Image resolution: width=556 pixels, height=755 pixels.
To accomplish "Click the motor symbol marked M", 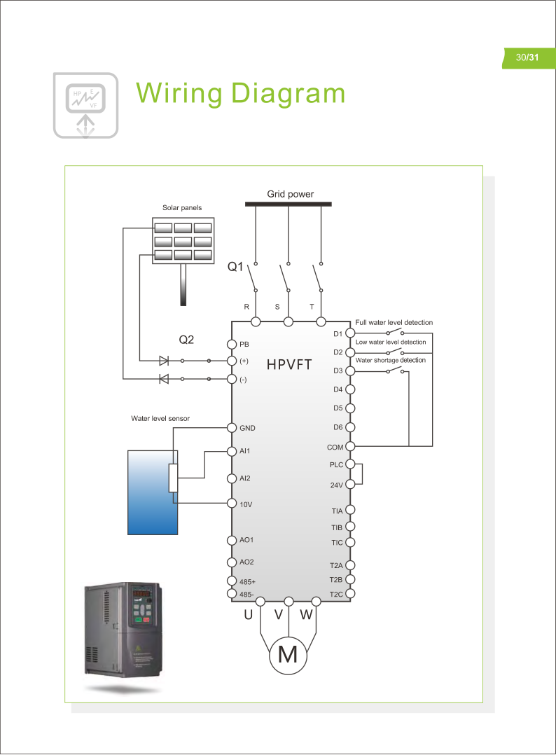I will (x=288, y=655).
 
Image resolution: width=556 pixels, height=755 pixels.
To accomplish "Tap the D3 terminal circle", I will (x=351, y=370).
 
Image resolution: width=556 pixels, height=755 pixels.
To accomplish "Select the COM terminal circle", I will (x=351, y=446).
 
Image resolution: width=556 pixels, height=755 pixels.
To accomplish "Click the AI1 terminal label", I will (x=245, y=451).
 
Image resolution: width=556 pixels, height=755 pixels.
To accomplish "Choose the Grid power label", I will (x=290, y=194).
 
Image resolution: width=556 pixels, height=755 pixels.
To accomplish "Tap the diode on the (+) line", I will (x=164, y=361).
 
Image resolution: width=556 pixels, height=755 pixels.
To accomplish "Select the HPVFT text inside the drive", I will (x=289, y=365).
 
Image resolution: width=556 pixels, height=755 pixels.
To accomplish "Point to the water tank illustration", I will (x=152, y=492).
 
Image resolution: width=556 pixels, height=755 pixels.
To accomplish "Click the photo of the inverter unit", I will (x=125, y=635).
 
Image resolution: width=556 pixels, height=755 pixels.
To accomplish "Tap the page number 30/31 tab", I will (x=528, y=58).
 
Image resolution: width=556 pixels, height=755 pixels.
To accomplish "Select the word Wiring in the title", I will (x=178, y=93).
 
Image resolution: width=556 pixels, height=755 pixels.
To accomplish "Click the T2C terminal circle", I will (x=351, y=594).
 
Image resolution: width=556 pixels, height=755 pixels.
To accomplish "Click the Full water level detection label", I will (x=394, y=322).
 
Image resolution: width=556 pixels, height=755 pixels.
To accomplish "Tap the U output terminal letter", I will (x=248, y=616).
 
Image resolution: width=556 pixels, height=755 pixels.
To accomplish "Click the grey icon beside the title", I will (x=85, y=103).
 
